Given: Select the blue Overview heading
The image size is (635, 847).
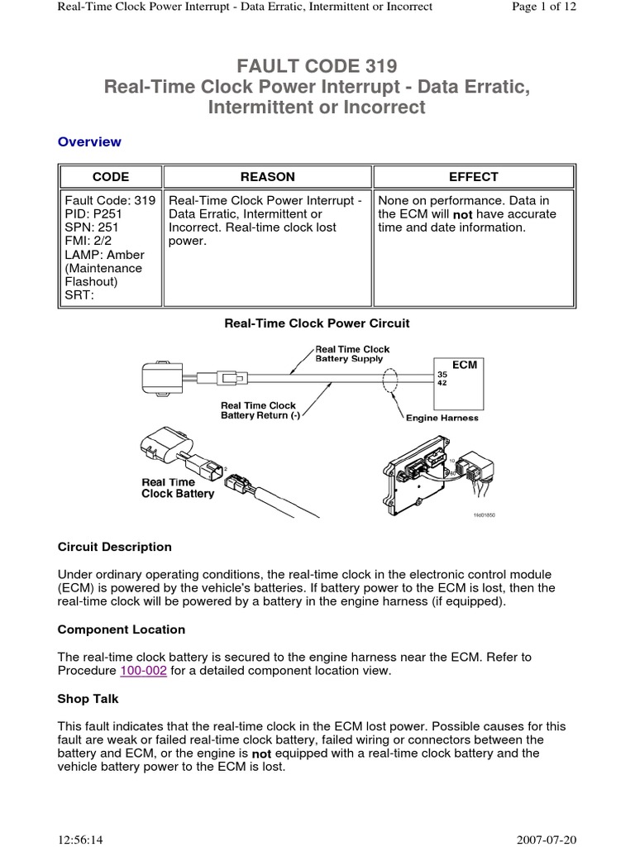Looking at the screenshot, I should (89, 141).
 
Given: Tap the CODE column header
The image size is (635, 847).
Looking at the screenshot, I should (110, 176).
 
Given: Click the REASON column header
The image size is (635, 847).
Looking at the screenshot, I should (267, 176).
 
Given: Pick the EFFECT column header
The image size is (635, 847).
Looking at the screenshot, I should (473, 176).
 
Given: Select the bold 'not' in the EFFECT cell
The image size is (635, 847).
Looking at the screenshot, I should (462, 214).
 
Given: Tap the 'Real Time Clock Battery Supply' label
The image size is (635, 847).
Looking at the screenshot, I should (352, 354).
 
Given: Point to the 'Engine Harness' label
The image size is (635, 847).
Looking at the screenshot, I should (442, 419).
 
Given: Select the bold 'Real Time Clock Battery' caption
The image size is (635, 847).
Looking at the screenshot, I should (178, 488).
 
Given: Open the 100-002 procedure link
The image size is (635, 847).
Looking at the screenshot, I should (144, 671).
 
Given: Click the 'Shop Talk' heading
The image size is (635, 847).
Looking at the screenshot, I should (88, 699).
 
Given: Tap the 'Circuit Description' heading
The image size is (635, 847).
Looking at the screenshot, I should (114, 547).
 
